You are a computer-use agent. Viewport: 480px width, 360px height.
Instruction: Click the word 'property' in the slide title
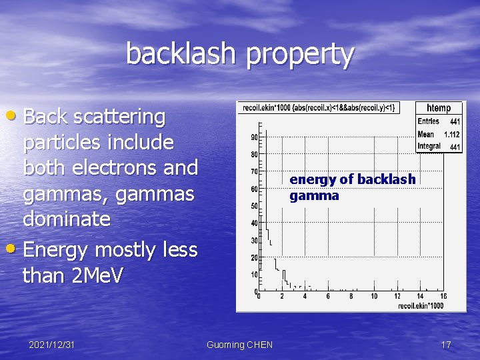click(x=299, y=56)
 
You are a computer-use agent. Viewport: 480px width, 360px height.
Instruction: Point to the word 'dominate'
click(x=67, y=219)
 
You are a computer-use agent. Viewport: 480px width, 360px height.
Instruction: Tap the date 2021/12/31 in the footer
click(x=51, y=345)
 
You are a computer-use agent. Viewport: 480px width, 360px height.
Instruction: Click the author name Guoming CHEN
click(x=239, y=345)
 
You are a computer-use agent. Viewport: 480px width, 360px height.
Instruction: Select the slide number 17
click(x=446, y=345)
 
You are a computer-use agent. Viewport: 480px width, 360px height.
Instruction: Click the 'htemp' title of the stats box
click(x=439, y=108)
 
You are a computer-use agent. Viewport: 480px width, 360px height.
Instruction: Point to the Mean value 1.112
click(x=452, y=134)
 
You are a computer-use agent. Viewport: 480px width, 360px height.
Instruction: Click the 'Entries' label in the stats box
click(x=428, y=121)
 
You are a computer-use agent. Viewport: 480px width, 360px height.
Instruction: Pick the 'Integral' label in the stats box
click(x=429, y=146)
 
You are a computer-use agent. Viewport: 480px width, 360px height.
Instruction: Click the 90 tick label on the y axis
click(x=254, y=137)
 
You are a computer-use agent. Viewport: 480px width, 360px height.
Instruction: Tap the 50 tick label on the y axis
click(x=254, y=206)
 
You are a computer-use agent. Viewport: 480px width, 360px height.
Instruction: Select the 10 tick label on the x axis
click(x=374, y=297)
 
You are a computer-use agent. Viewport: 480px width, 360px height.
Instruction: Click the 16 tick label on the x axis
click(x=443, y=297)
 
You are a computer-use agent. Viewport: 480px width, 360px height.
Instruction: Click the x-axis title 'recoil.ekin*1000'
click(x=421, y=305)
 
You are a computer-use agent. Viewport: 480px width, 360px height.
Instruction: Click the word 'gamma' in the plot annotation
click(x=314, y=195)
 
